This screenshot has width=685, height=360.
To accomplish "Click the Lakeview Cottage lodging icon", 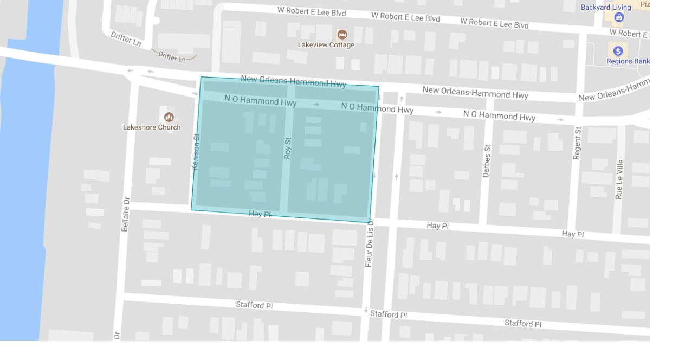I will (x=342, y=35).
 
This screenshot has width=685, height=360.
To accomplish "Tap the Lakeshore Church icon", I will (x=169, y=117).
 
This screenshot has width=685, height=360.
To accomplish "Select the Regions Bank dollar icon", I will (x=618, y=51).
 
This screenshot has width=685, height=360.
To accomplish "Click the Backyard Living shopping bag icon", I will (x=619, y=17).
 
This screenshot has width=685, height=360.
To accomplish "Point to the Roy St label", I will (x=288, y=148).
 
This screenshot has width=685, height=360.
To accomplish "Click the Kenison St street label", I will (x=196, y=152).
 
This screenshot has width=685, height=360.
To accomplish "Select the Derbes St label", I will (x=487, y=161).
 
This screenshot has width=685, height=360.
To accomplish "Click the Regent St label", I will (x=578, y=143).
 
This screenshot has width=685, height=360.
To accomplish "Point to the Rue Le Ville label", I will (x=619, y=179).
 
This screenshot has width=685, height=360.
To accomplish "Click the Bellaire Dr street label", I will (x=126, y=214).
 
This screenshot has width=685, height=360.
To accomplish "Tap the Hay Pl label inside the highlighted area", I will (x=260, y=214).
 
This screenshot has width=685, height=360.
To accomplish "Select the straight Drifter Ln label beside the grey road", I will (x=126, y=38).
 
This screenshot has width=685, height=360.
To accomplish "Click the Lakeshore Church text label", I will (x=152, y=127).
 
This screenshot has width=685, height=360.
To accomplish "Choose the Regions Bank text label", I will (x=628, y=61).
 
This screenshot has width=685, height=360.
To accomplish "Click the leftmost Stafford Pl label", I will (x=254, y=305).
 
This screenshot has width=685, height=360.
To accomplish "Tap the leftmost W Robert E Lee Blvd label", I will (x=311, y=11).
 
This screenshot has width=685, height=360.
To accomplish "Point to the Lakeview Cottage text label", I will (x=326, y=45).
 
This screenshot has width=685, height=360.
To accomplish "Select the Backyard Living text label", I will (x=606, y=8).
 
